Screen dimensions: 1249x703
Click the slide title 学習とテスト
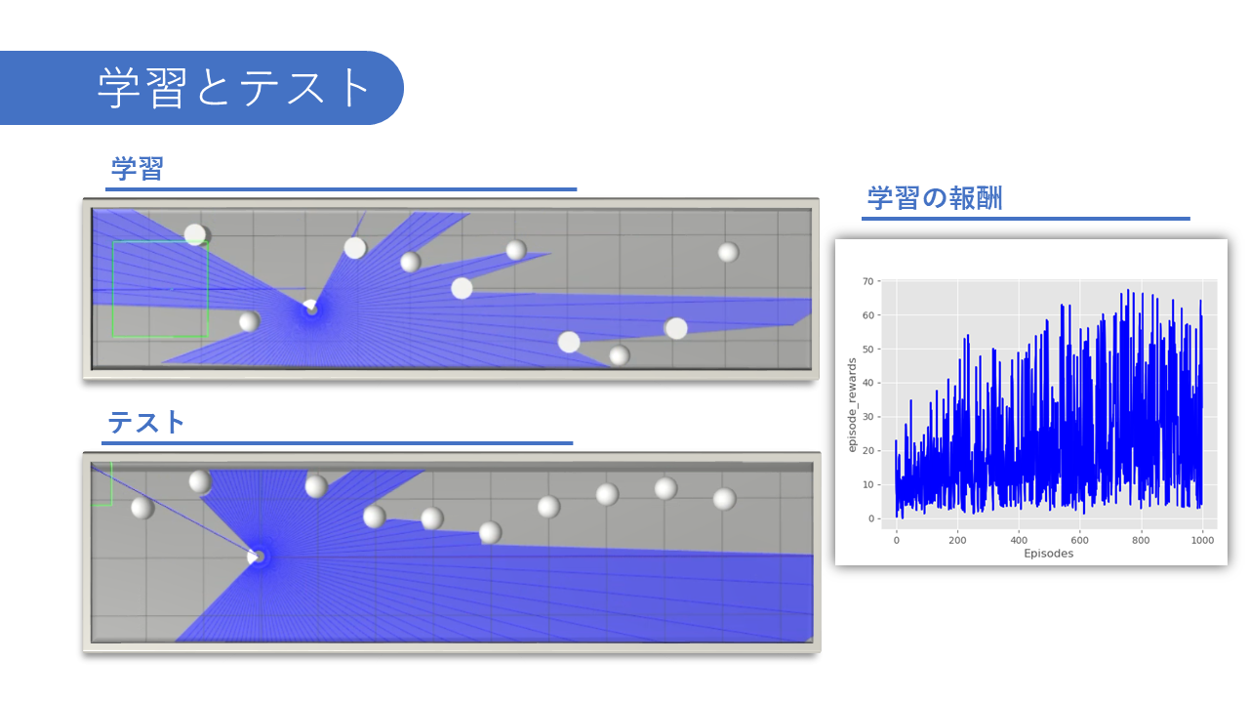[232, 88]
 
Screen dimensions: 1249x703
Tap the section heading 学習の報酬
[935, 198]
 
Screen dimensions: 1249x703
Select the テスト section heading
[145, 423]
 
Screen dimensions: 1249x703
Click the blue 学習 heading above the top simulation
[138, 169]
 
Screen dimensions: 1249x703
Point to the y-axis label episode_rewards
[852, 405]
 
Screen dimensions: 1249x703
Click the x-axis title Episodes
[1048, 554]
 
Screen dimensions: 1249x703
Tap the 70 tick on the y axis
[867, 281]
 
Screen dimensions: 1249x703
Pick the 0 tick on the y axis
[870, 518]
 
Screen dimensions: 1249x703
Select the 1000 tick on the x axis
[1202, 540]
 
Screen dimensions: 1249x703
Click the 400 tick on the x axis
[1019, 540]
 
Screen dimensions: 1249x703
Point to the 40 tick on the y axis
[867, 383]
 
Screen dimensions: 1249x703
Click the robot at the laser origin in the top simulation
[310, 308]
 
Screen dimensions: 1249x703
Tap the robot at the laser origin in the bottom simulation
[256, 557]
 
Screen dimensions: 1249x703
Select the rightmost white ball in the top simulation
[728, 252]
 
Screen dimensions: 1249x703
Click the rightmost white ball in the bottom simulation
[724, 499]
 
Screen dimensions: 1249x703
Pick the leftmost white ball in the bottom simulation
[142, 508]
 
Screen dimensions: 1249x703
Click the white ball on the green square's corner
[195, 235]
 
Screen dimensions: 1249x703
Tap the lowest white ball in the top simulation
[619, 355]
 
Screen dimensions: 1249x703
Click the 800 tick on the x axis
[1141, 540]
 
